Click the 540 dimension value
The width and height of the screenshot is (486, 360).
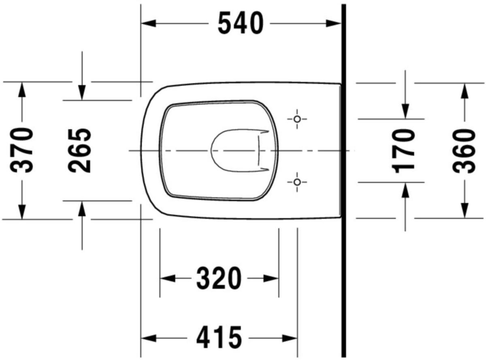tap(240, 24)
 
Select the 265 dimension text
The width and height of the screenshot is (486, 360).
tap(80, 150)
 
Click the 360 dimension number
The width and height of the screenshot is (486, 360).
tap(464, 150)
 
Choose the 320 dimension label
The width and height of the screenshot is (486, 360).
tap(219, 279)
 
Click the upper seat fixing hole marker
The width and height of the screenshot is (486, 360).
tap(297, 119)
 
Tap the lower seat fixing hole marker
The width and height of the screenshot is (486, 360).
tap(297, 182)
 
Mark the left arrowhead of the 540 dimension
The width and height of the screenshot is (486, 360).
tap(148, 24)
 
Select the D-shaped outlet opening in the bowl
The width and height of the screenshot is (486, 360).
tap(235, 151)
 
